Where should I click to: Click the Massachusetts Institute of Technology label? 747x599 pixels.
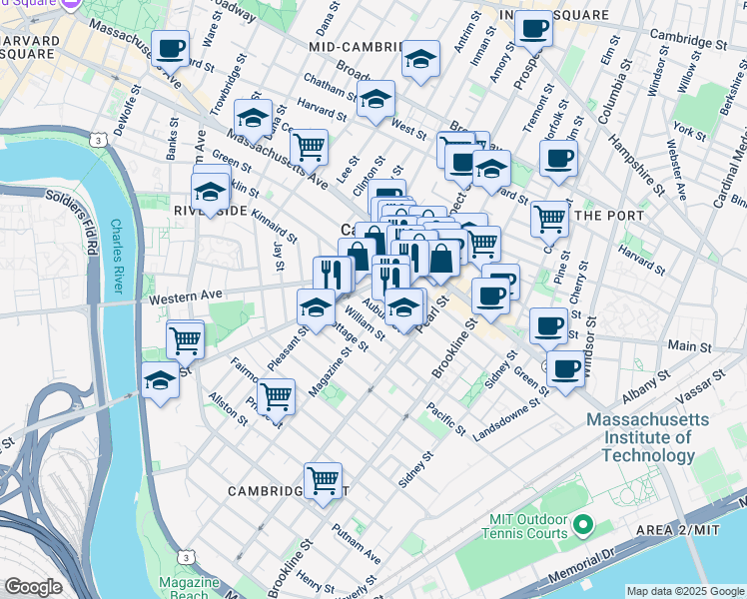click(x=640, y=437)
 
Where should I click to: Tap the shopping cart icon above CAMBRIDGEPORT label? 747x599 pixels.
click(x=323, y=480)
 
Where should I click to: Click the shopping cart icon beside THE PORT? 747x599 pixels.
click(x=549, y=218)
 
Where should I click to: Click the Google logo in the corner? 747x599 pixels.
click(x=33, y=587)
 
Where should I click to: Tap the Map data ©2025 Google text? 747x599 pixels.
click(x=685, y=590)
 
